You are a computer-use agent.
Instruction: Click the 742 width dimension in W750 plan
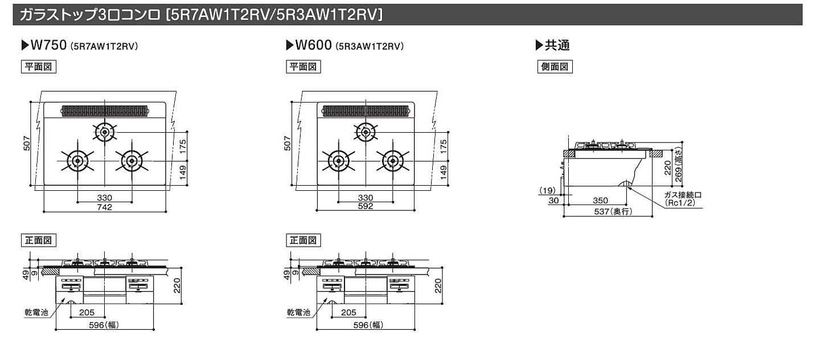pyautogui.click(x=104, y=207)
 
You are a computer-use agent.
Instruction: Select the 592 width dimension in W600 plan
pyautogui.click(x=366, y=207)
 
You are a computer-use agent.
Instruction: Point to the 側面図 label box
pyautogui.click(x=555, y=67)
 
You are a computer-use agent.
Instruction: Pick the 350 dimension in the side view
pyautogui.click(x=600, y=201)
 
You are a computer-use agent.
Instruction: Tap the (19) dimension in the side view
pyautogui.click(x=547, y=190)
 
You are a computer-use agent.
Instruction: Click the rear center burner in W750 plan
pyautogui.click(x=104, y=133)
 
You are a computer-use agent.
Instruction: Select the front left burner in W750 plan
pyautogui.click(x=77, y=161)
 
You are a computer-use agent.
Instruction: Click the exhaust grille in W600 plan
pyautogui.click(x=365, y=111)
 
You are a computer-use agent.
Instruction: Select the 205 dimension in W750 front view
pyautogui.click(x=87, y=313)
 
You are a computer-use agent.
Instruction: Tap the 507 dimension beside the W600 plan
pyautogui.click(x=288, y=144)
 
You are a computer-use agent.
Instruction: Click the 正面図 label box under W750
pyautogui.click(x=38, y=240)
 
